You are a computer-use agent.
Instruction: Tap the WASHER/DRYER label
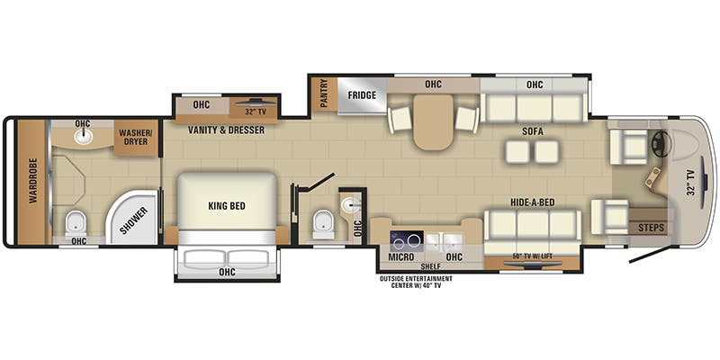[137, 136]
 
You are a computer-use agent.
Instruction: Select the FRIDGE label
[363, 94]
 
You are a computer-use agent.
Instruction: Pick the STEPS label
[651, 228]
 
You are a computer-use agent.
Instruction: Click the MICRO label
[400, 256]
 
